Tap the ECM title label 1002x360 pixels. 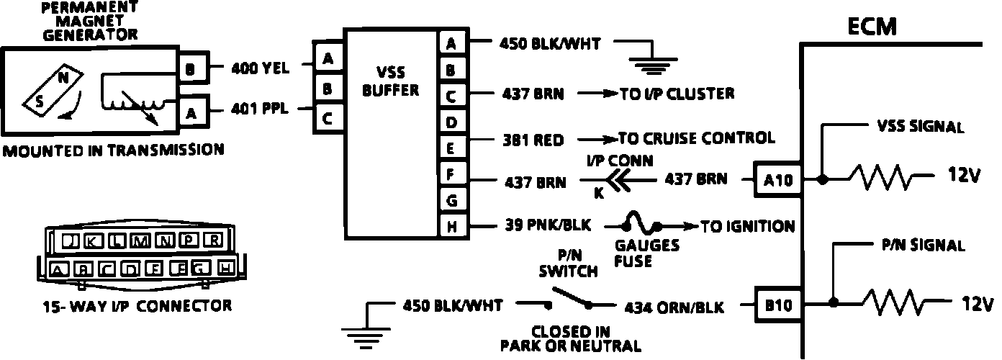click(872, 27)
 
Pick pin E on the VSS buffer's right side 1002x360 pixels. click(451, 148)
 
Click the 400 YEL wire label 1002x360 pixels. click(260, 68)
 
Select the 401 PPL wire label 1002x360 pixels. click(260, 109)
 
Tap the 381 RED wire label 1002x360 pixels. click(533, 140)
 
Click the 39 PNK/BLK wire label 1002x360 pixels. click(545, 226)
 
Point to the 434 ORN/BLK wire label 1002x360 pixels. click(673, 307)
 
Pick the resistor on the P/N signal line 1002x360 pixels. click(890, 304)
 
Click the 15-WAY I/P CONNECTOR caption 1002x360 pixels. click(136, 305)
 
